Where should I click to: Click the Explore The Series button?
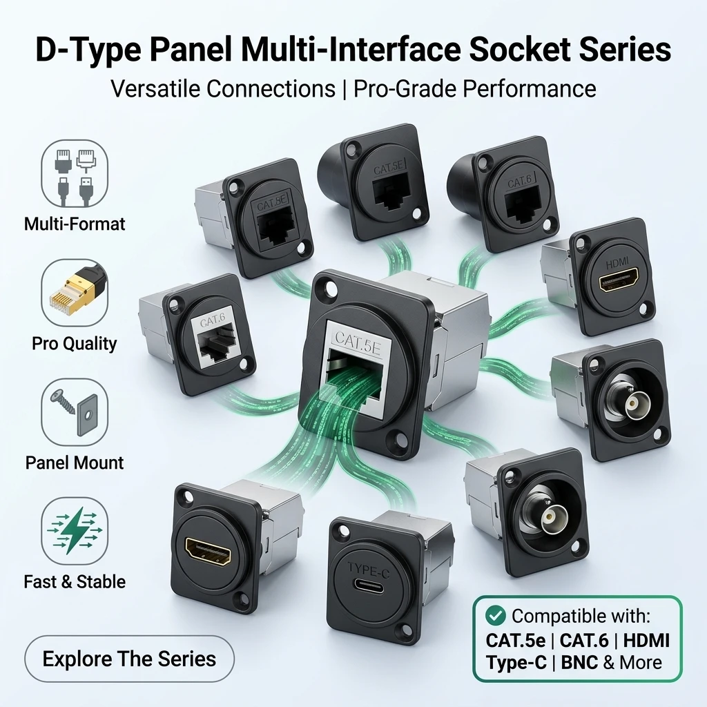tap(129, 659)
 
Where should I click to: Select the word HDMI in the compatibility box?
tap(646, 640)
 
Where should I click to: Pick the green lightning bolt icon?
tap(74, 530)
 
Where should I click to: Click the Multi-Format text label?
tap(75, 224)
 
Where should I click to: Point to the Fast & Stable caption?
tap(75, 581)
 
